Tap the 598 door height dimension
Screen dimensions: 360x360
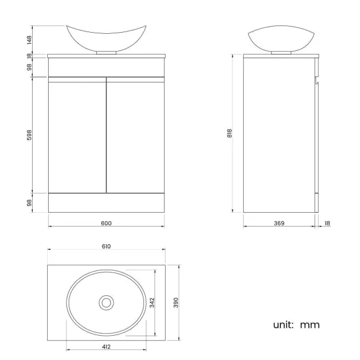coord(29,135)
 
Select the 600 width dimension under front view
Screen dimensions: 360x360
coord(106,223)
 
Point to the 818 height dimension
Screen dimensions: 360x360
coord(229,133)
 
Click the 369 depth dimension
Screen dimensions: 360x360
coord(279,223)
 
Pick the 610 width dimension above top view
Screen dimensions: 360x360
coord(106,246)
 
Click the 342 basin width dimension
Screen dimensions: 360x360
coord(152,302)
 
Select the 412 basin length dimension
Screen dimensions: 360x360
coord(106,347)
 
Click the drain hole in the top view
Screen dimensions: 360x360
coord(106,302)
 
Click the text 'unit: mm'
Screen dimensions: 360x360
coord(296,325)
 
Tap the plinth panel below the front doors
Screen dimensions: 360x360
coord(106,202)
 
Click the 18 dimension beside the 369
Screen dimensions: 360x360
coord(327,223)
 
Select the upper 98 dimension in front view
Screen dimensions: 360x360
coord(29,67)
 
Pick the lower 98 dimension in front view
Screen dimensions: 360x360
coord(29,203)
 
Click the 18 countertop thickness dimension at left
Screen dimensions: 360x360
coord(29,56)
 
